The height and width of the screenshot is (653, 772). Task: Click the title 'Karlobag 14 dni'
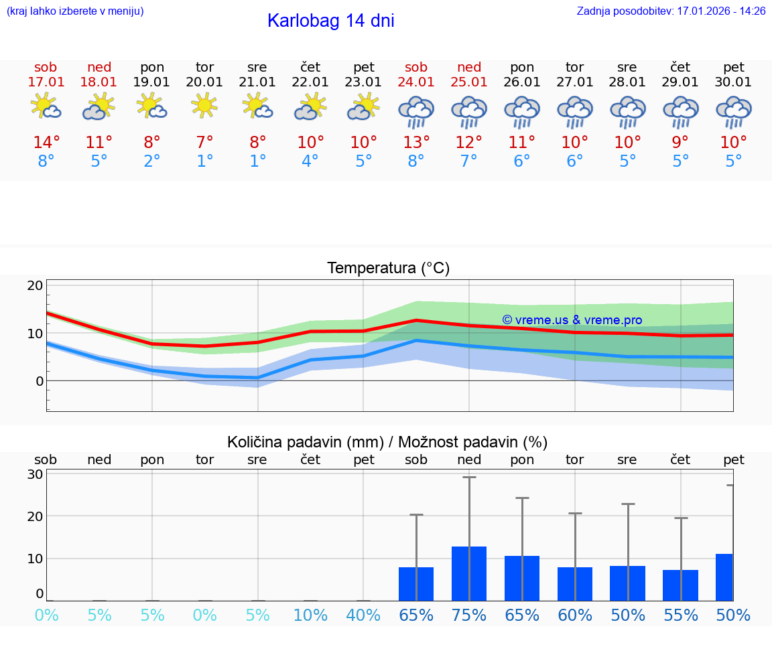[330, 21]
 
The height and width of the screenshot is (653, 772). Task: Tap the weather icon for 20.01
[204, 106]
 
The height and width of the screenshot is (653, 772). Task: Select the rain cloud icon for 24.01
[416, 111]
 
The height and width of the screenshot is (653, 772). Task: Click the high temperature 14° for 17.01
[46, 143]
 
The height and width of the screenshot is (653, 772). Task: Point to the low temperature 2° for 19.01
[152, 161]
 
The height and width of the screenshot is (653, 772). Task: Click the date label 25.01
[469, 82]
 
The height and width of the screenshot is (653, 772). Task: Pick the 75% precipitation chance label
[469, 615]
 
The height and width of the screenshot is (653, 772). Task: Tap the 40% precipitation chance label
[363, 615]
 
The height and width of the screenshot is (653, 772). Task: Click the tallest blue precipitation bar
[469, 573]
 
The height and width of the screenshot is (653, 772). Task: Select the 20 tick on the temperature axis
[35, 285]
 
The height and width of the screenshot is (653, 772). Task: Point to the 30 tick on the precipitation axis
[35, 474]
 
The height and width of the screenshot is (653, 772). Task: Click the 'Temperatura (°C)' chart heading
[388, 269]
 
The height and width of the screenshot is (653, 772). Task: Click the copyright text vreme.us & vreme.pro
[572, 320]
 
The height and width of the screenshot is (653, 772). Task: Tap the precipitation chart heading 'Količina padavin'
[387, 442]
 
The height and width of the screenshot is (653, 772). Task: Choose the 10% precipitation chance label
[310, 615]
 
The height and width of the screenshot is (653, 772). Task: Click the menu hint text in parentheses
[74, 11]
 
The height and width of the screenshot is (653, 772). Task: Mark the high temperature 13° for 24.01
[416, 143]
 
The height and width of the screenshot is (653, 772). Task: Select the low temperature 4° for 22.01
[310, 161]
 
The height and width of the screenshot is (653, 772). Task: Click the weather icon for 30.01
[734, 111]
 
